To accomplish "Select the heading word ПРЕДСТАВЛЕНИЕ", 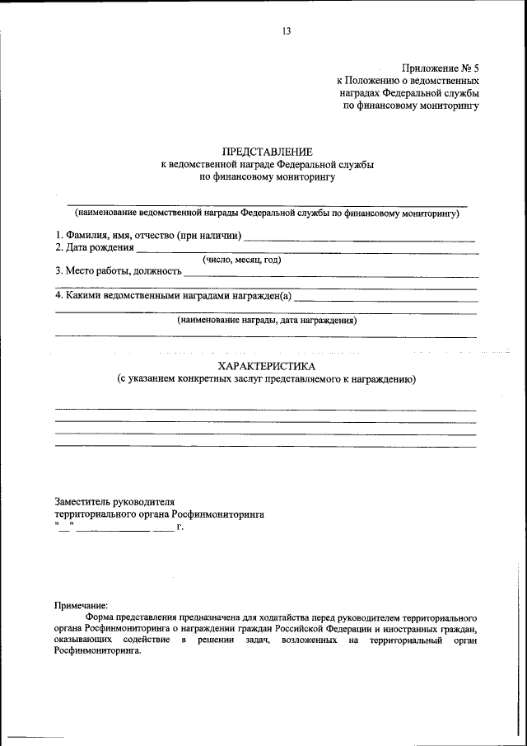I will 267,152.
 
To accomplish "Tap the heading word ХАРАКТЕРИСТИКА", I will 266,365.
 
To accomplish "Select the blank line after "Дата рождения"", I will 305,251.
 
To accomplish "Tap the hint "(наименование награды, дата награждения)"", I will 267,321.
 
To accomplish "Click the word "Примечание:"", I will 81,605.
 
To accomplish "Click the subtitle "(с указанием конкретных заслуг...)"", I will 266,379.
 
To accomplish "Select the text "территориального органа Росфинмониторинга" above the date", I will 159,513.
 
